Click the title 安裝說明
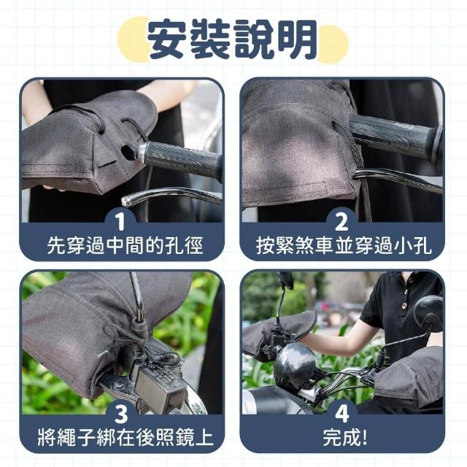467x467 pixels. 232,39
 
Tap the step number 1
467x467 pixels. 120,222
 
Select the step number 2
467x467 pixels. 341,222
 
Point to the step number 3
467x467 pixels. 122,414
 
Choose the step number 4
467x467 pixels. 342,414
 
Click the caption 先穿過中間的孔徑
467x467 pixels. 125,246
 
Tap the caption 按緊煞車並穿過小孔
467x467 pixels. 344,246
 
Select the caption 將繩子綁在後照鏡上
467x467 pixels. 126,437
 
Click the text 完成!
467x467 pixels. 345,437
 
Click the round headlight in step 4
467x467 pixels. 294,364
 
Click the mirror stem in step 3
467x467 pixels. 138,298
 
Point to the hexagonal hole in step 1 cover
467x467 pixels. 128,152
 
